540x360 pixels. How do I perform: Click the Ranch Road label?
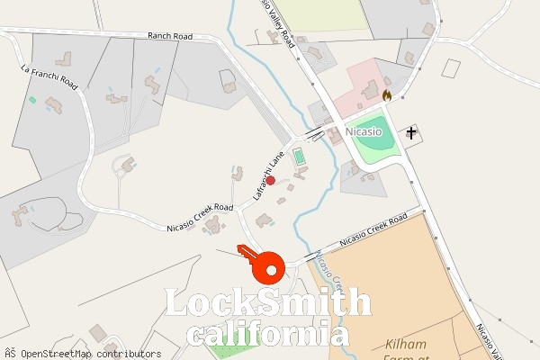pos(171,36)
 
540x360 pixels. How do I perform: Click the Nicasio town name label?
pos(364,131)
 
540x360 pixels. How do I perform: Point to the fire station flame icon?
pos(387,94)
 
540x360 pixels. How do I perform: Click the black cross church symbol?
pos(412,133)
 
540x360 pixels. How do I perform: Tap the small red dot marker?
pos(270,180)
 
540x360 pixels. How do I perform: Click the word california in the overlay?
pos(268,335)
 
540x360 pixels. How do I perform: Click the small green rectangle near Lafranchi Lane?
pos(300,158)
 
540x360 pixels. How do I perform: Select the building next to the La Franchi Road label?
pos(63,60)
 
